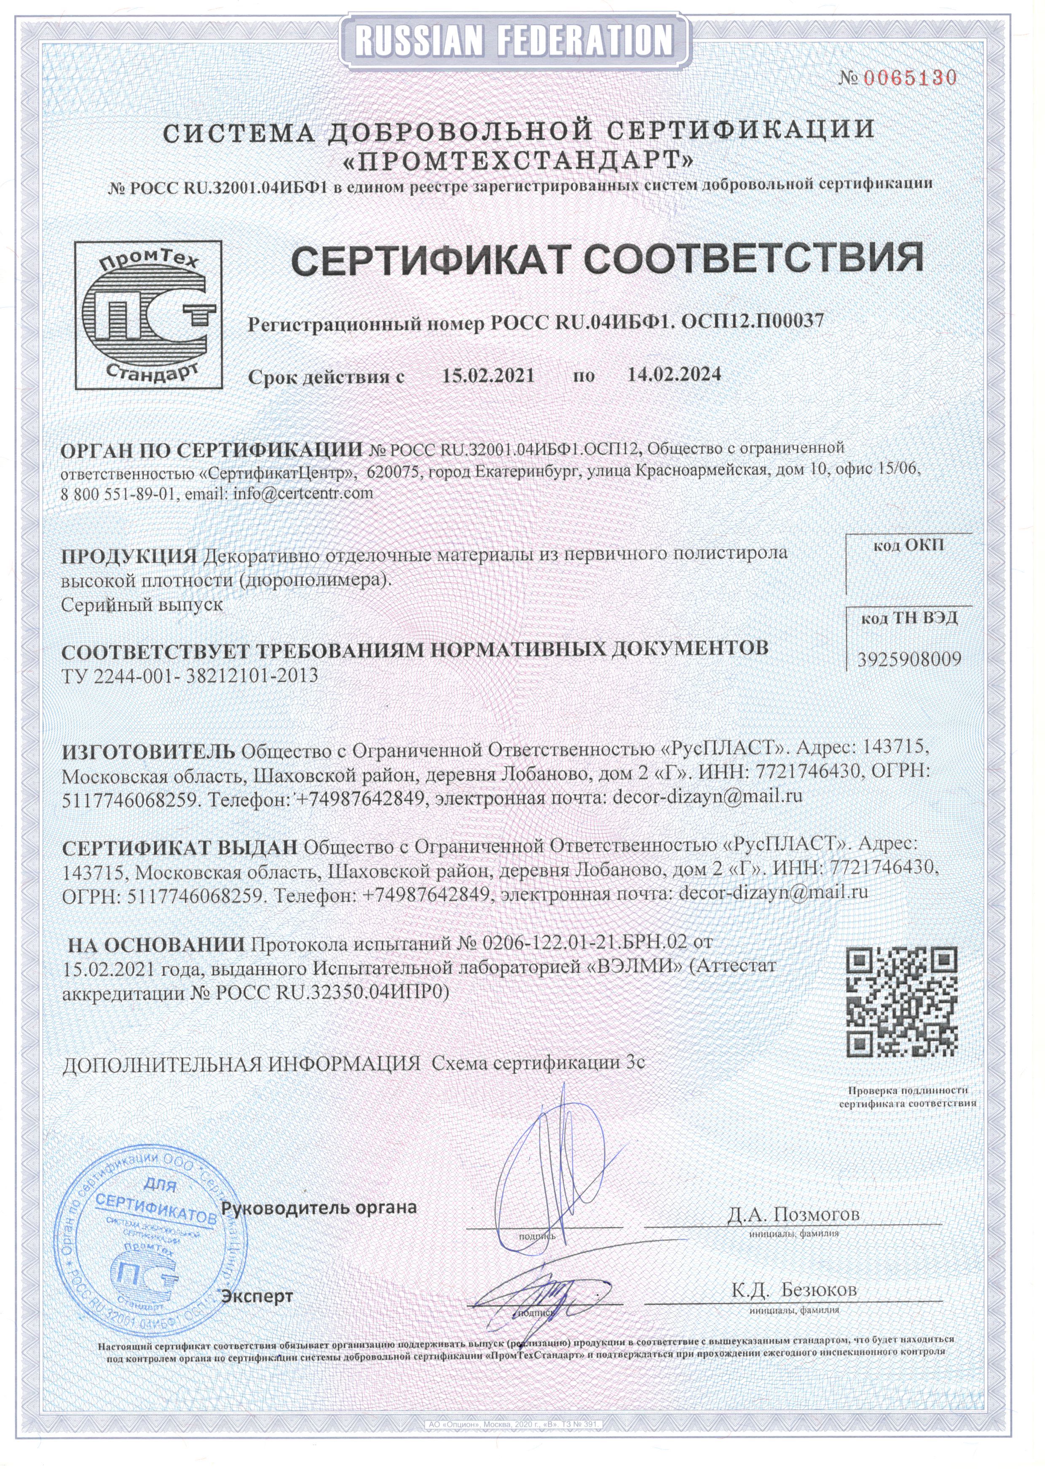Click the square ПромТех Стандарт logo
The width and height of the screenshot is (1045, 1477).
tap(147, 315)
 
